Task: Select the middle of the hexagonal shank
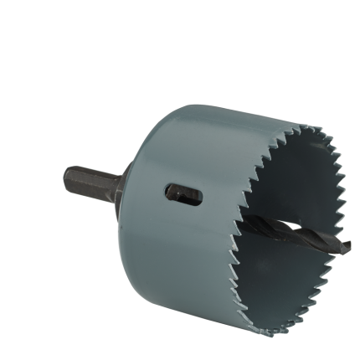click(92, 182)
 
